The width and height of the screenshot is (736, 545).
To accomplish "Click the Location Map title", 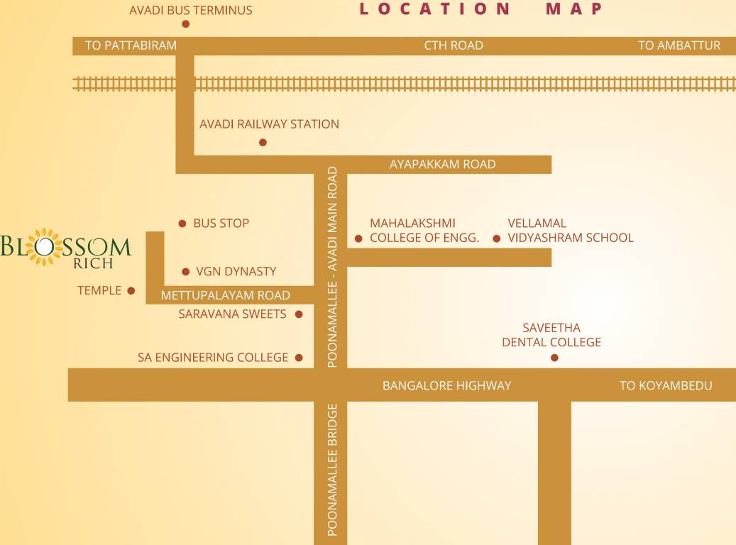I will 481,9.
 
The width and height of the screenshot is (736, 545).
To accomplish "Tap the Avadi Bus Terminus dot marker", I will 186,24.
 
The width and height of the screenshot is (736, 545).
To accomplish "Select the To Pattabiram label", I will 131,45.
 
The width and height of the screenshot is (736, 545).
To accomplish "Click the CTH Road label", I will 454,45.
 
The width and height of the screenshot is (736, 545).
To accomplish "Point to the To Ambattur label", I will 679,45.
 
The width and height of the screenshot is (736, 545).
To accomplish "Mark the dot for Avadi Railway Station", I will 263,143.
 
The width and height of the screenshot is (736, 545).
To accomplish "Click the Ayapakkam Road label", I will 442,164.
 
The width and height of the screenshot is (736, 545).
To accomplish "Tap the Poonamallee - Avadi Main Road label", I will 331,267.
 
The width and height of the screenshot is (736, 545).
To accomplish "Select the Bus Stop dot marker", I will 182,223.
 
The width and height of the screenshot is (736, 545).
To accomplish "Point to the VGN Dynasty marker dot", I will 186,272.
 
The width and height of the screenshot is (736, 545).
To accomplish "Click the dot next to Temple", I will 131,290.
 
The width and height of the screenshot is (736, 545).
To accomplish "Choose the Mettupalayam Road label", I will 225,295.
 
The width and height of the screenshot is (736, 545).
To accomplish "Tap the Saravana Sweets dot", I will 299,314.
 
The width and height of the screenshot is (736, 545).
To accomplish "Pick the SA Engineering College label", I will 213,358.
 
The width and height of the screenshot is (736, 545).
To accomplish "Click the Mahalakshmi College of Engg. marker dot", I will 358,238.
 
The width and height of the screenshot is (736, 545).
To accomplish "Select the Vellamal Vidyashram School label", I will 570,231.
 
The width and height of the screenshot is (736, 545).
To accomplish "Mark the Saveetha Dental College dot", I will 554,358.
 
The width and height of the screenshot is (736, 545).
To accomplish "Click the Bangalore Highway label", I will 446,385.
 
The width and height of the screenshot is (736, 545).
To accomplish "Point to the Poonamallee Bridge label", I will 331,470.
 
